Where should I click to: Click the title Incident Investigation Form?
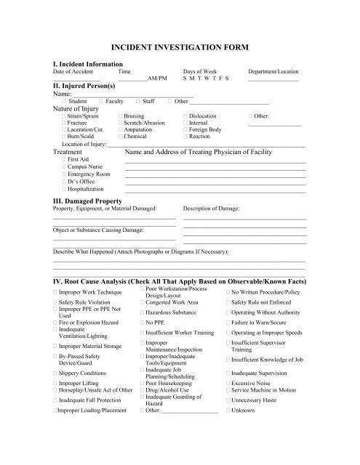[179, 46]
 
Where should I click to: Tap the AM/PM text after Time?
[156, 78]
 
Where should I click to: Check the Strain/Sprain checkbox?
[65, 116]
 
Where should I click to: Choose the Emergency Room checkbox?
[65, 174]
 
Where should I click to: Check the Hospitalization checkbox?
[65, 187]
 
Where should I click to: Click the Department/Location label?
[274, 73]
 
